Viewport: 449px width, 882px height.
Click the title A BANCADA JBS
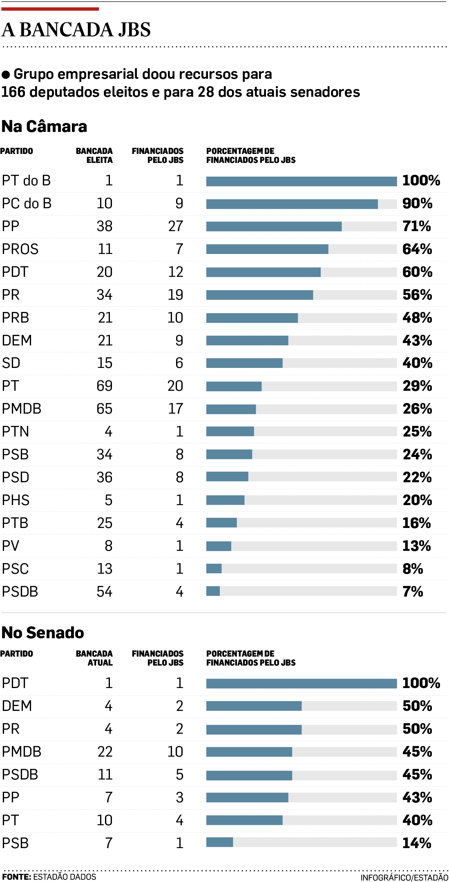[x=76, y=30]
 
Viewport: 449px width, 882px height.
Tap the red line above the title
[x=50, y=9]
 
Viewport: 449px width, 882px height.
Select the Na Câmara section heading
[x=44, y=127]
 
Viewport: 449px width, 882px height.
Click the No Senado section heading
[x=43, y=633]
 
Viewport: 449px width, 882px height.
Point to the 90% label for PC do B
[x=417, y=203]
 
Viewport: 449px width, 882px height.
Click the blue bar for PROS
[x=267, y=249]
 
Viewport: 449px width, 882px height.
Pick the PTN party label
[x=16, y=432]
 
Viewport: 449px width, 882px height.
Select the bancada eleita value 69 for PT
[x=105, y=386]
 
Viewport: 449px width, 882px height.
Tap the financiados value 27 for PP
[x=176, y=226]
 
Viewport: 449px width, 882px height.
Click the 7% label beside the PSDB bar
[x=413, y=592]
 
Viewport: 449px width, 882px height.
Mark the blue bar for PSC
[x=214, y=568]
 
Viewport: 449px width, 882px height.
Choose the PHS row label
[x=16, y=500]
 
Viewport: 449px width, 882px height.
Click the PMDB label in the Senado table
[x=22, y=752]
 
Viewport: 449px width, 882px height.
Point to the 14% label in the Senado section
[x=417, y=843]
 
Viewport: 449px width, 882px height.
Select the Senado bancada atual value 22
[x=105, y=752]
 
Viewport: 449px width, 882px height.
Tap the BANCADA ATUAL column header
[x=94, y=658]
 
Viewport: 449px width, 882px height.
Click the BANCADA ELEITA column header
[x=94, y=156]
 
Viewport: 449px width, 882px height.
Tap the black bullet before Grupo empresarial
[x=6, y=75]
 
